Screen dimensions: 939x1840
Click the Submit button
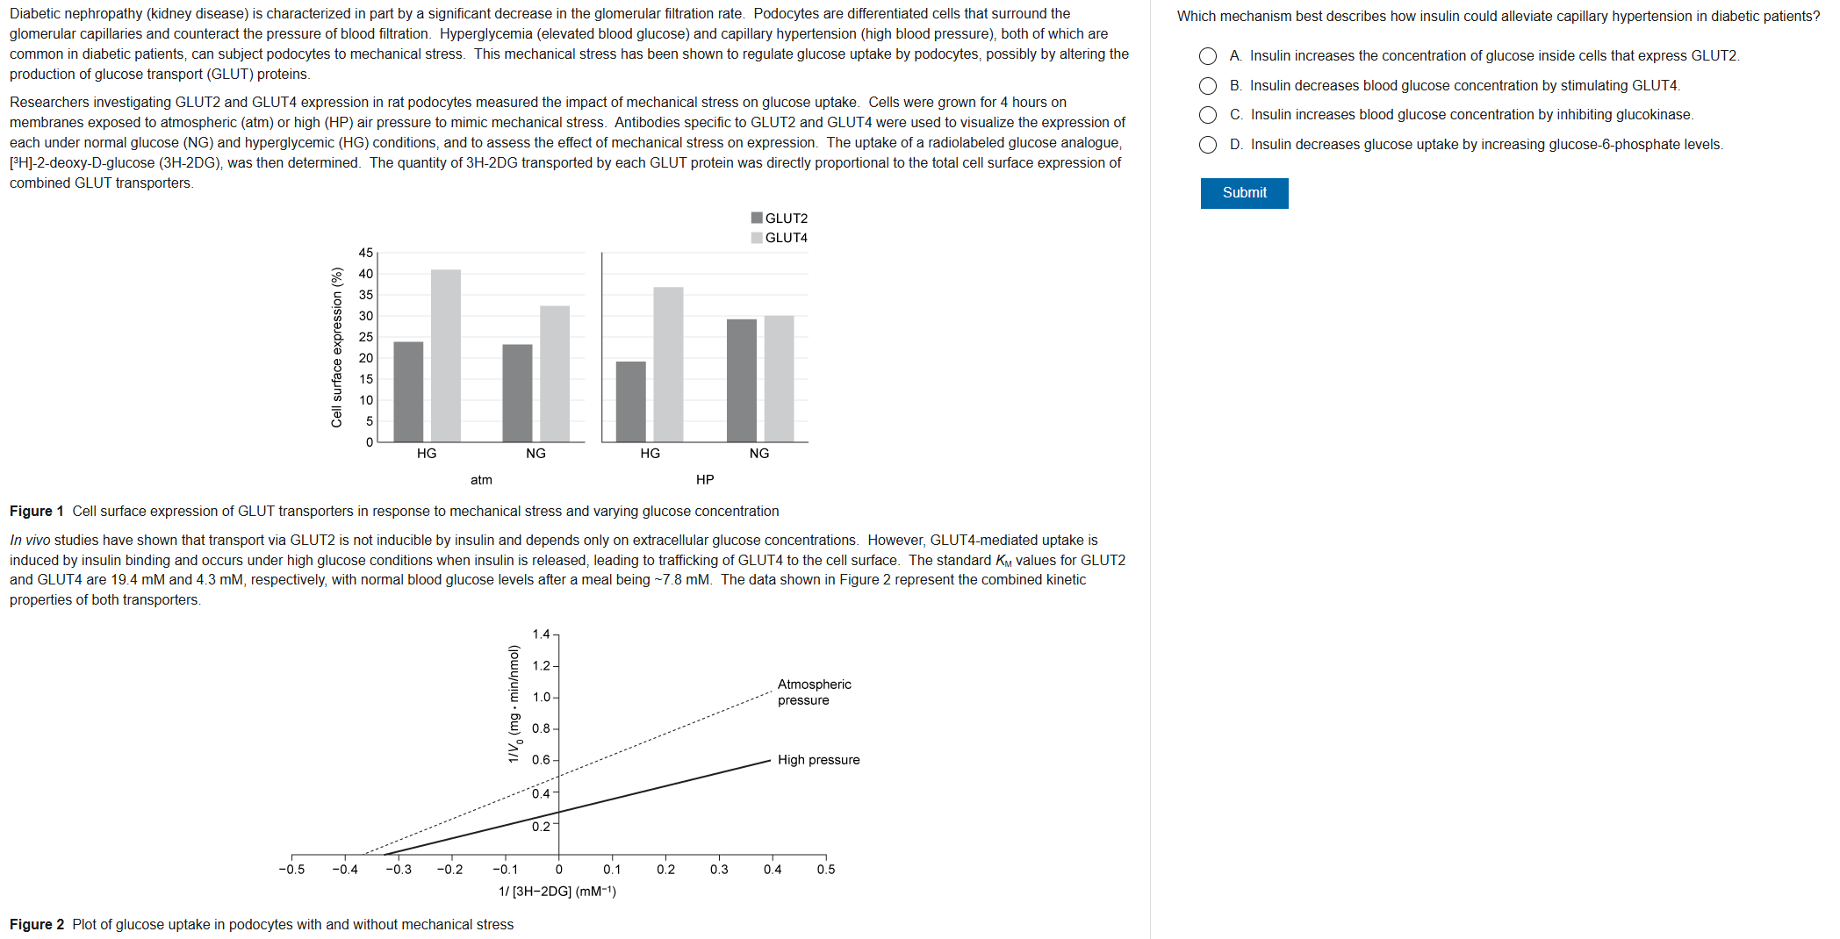[x=1244, y=193]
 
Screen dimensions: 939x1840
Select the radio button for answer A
[x=1208, y=56]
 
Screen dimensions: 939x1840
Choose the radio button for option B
[x=1208, y=86]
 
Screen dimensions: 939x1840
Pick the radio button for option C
[x=1208, y=115]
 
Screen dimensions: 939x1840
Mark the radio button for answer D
[x=1208, y=145]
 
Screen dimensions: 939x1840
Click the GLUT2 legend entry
[x=779, y=219]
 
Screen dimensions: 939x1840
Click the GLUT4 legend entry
[x=779, y=238]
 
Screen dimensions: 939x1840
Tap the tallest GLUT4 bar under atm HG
[x=446, y=355]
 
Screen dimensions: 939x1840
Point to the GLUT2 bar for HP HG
[x=630, y=401]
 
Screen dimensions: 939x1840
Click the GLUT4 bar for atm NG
[x=555, y=373]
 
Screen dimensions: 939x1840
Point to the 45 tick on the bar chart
[x=365, y=253]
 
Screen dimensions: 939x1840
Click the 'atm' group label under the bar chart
[x=481, y=480]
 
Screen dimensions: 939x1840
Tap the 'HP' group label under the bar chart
[x=705, y=480]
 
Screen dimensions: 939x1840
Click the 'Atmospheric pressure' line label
[x=814, y=692]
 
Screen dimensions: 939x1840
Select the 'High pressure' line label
[x=818, y=760]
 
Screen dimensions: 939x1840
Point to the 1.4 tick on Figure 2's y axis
[x=541, y=634]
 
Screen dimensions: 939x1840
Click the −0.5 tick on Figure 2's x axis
[x=291, y=870]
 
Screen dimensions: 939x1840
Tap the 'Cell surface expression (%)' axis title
[x=336, y=348]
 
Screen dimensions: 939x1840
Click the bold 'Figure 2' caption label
[x=37, y=925]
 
